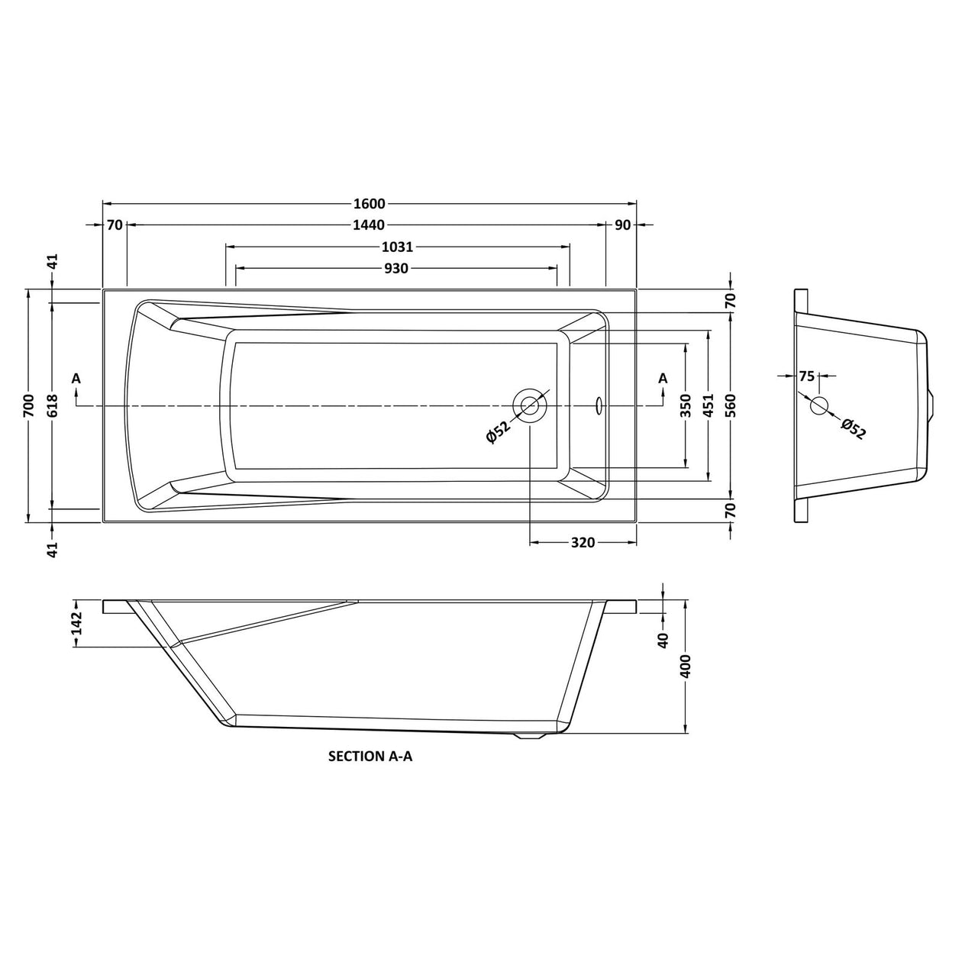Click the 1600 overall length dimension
click(370, 204)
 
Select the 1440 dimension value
click(370, 225)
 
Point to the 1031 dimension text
click(397, 247)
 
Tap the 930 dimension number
click(396, 268)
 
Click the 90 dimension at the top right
click(621, 225)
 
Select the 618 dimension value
click(52, 405)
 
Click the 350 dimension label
click(686, 405)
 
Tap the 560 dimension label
click(731, 405)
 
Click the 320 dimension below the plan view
click(583, 543)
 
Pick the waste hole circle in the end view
click(819, 405)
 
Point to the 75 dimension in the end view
click(807, 376)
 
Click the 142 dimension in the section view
click(76, 624)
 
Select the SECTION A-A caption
click(370, 757)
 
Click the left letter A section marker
click(76, 378)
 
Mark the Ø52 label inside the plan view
click(497, 432)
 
